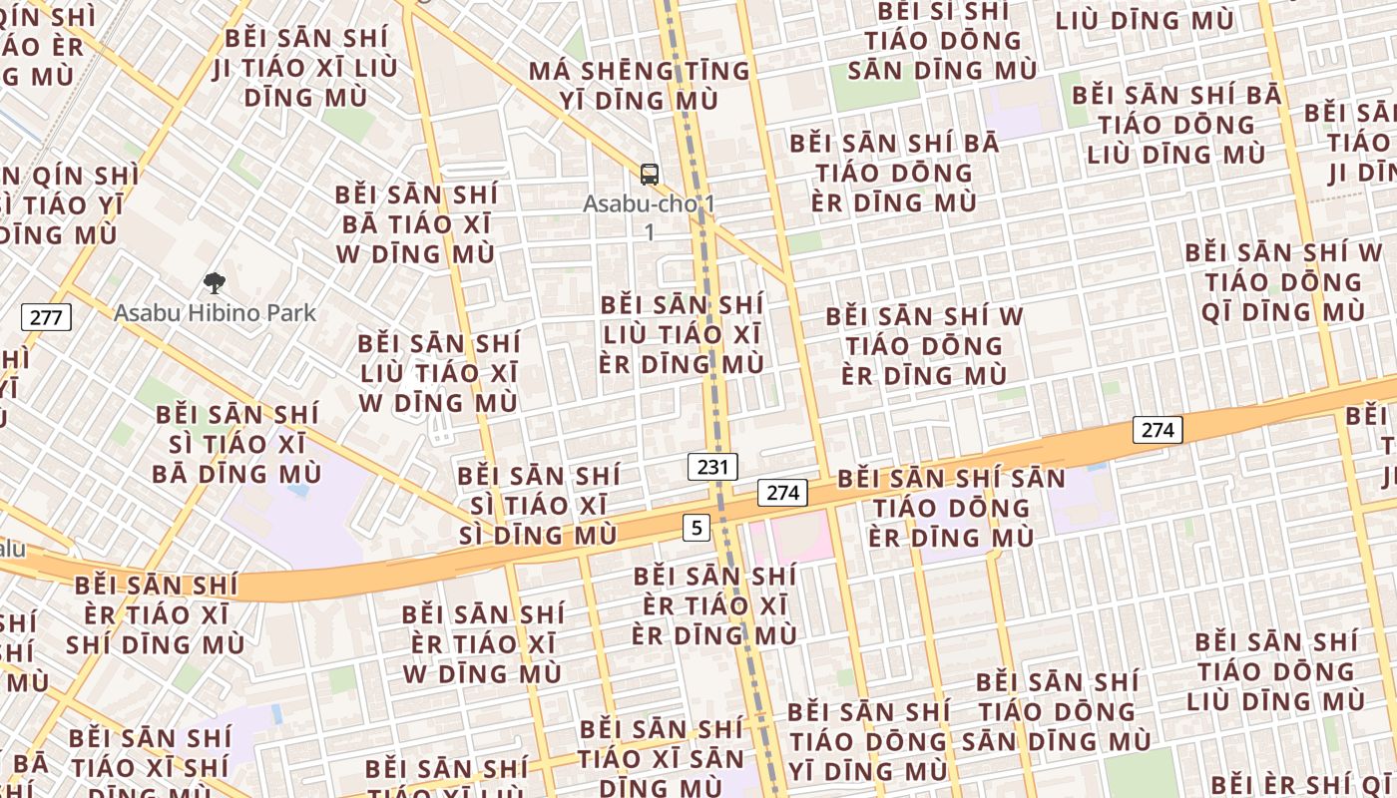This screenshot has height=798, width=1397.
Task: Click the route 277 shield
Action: point(46,318)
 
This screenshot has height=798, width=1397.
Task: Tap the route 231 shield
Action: point(712,466)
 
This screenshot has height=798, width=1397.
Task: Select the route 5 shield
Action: point(697,527)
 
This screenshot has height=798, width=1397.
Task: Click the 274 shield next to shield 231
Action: point(782,492)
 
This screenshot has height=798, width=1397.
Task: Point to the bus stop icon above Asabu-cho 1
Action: point(650,175)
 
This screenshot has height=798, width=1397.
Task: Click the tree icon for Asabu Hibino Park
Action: point(214,284)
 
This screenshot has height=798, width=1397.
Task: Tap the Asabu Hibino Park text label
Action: point(215,313)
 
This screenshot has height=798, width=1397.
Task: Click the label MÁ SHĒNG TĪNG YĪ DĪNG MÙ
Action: point(639,86)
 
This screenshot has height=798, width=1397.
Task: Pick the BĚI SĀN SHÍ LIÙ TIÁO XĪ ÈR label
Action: point(682,334)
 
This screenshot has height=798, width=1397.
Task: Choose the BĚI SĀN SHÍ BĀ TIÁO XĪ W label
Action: point(415,223)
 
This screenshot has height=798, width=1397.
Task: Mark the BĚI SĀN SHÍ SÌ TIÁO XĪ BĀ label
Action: point(237,444)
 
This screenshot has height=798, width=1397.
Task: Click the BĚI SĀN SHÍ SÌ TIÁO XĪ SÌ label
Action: point(539,506)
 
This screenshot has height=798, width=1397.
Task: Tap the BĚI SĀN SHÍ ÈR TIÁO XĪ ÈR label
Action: point(714,605)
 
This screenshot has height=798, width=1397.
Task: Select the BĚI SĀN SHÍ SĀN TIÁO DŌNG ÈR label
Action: point(951,508)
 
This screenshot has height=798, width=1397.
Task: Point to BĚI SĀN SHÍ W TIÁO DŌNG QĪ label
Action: point(1283,282)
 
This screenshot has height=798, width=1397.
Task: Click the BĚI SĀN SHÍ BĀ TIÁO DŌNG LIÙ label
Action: point(1176,125)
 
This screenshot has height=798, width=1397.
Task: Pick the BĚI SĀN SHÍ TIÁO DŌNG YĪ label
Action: point(868,741)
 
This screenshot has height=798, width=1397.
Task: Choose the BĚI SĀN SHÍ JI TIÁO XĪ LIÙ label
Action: point(305,69)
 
